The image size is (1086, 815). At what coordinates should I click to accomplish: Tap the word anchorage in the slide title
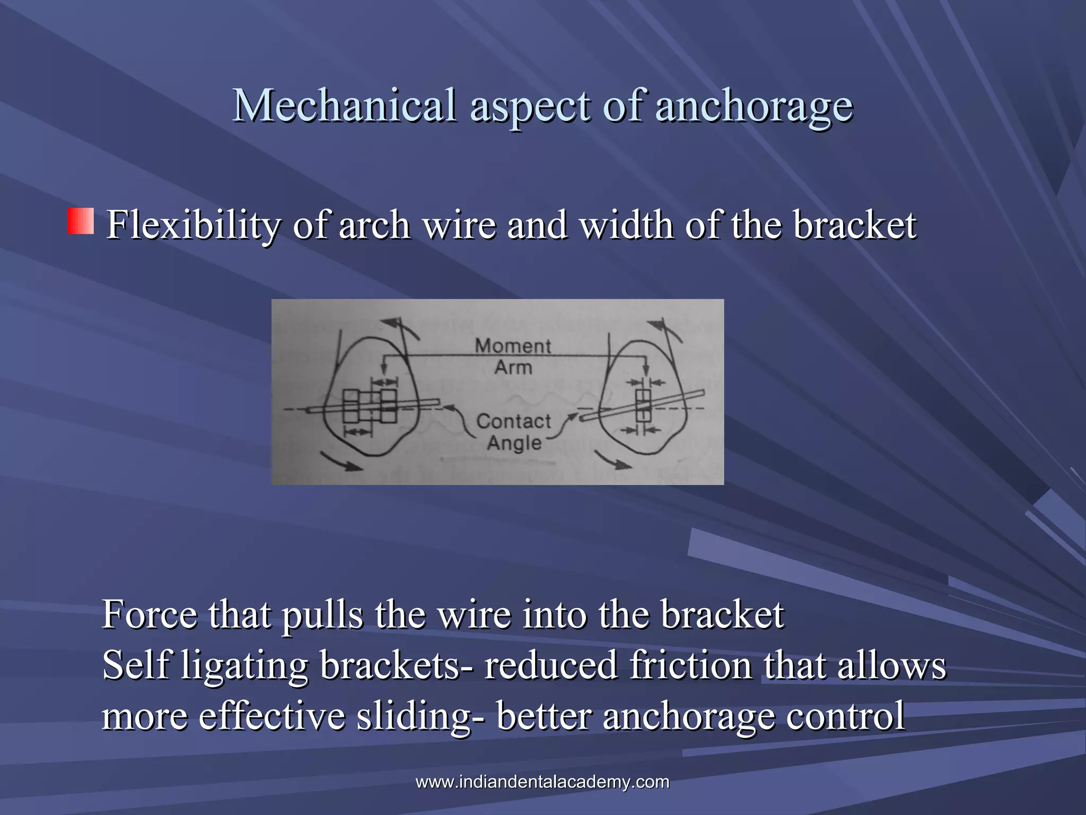[754, 106]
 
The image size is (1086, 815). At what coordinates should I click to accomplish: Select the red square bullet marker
[81, 221]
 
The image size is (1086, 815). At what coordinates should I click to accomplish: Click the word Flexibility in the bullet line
[194, 225]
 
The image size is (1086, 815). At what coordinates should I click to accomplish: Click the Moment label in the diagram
[513, 346]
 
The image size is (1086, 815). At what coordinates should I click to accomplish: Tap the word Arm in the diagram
[513, 367]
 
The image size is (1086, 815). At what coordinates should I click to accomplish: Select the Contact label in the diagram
[514, 421]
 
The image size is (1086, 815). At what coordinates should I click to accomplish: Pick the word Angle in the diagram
[514, 443]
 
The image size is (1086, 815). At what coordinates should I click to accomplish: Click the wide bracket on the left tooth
[370, 406]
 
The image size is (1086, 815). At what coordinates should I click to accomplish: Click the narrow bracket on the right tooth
[643, 406]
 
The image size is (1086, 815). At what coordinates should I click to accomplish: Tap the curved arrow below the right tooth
[612, 460]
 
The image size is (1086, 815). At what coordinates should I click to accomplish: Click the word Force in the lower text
[150, 615]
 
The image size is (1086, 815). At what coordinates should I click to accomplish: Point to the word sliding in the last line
[414, 716]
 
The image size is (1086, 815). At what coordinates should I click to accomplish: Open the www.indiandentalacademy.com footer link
[542, 782]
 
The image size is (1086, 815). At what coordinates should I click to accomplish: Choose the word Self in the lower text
[135, 665]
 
